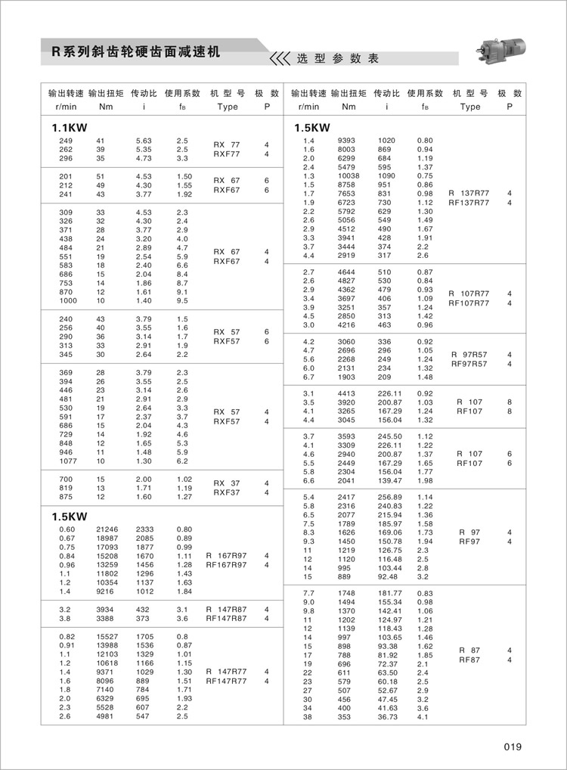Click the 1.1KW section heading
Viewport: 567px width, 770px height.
pyautogui.click(x=68, y=127)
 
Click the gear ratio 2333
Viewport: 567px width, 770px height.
pyautogui.click(x=144, y=529)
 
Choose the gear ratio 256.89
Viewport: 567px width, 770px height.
pyautogui.click(x=388, y=496)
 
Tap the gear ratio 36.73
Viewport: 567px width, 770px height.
pyautogui.click(x=387, y=716)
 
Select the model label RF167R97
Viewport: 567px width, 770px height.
pyautogui.click(x=227, y=565)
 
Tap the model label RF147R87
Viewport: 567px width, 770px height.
pyautogui.click(x=227, y=618)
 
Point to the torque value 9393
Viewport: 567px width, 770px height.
pyautogui.click(x=346, y=141)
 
